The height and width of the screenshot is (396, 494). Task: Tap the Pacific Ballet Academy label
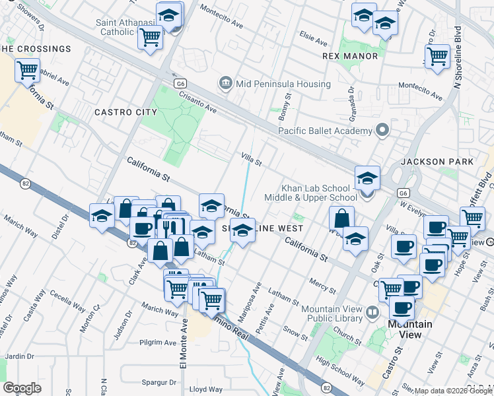[325, 131]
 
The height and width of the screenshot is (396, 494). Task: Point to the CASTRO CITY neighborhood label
[126, 112]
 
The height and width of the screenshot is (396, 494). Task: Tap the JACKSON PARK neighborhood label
[437, 162]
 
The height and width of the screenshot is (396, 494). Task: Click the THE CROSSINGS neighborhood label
[35, 49]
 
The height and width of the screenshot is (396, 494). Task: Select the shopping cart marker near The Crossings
[28, 69]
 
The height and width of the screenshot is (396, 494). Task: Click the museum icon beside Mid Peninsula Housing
[225, 83]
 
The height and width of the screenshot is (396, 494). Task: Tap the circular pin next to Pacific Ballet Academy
[381, 130]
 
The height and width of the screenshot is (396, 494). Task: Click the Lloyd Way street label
[201, 389]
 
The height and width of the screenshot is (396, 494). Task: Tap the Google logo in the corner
[22, 388]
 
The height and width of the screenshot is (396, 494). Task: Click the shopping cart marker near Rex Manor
[437, 57]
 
